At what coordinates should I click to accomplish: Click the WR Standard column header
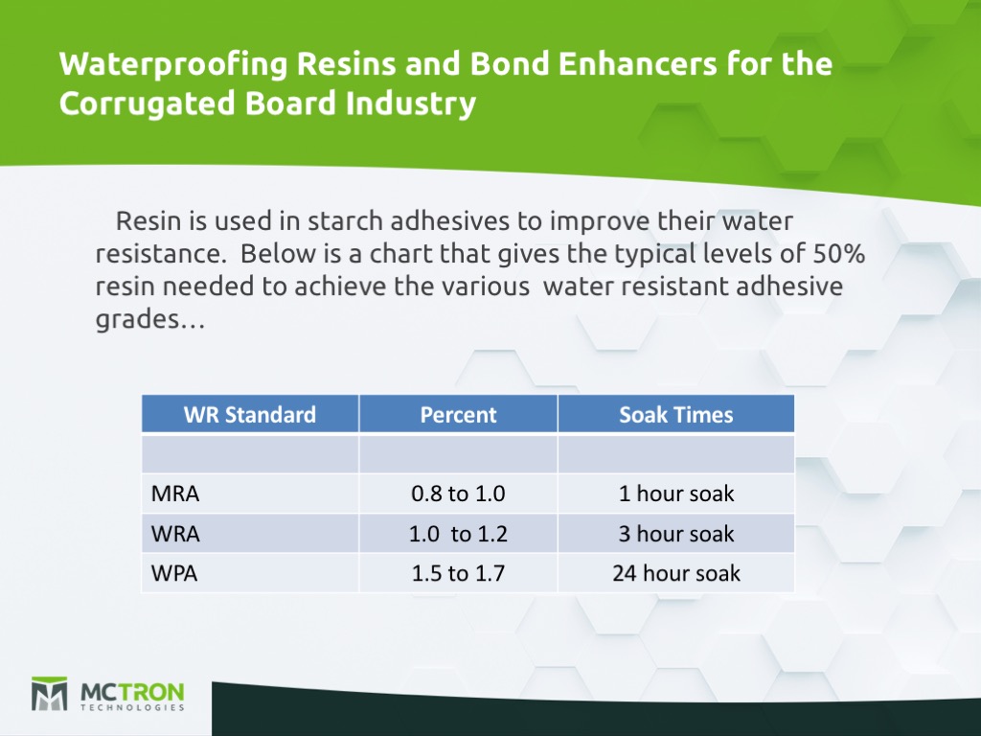(250, 414)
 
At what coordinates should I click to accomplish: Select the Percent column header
(458, 414)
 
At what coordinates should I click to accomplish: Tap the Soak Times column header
(675, 414)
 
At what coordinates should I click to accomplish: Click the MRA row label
(176, 494)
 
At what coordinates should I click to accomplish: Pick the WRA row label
(175, 534)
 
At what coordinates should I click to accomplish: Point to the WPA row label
(174, 573)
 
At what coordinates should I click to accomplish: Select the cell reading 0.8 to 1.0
(458, 494)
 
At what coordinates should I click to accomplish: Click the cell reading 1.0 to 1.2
(458, 534)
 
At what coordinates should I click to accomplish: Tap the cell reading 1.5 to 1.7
(458, 573)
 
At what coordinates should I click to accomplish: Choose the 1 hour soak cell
(675, 494)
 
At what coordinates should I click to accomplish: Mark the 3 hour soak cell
(675, 534)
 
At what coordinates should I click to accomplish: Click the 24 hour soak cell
(675, 573)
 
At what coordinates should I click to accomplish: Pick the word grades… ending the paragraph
(149, 321)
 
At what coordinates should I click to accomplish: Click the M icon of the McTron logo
(49, 694)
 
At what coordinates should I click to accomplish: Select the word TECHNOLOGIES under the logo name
(132, 708)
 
